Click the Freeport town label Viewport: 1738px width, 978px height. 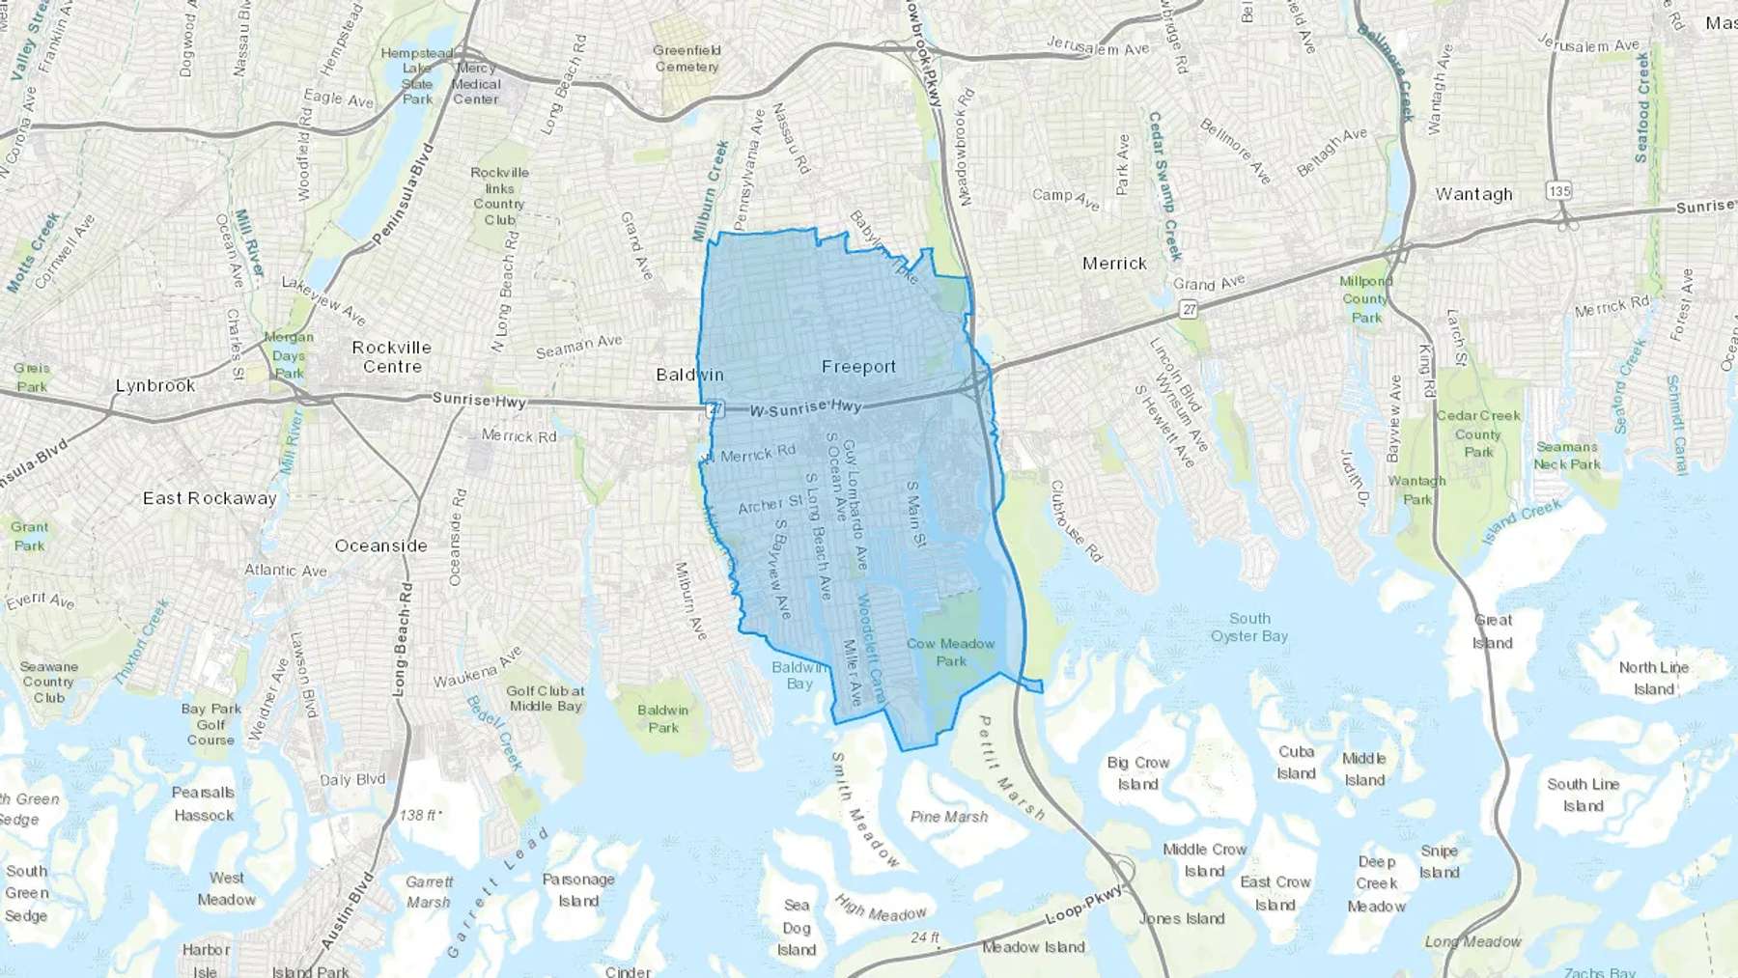858,367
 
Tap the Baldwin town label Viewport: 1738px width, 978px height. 689,375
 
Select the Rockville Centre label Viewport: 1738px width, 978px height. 391,357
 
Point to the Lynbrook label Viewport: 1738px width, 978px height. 155,385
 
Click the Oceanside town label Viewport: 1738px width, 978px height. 380,545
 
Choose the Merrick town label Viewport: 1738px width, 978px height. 1114,264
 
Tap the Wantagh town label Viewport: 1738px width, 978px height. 1473,194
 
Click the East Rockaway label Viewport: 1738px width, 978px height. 210,498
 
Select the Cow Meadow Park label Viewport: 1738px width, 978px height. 950,653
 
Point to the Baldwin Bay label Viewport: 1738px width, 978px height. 799,675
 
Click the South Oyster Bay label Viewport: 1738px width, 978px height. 1249,628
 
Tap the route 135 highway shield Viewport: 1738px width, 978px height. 1559,191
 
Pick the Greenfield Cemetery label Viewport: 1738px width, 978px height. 687,59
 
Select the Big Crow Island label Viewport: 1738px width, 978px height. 1137,773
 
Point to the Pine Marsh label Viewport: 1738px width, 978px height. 949,817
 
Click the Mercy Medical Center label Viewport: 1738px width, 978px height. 476,84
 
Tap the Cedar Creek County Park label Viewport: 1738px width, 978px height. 1477,433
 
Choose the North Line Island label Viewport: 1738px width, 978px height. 1653,678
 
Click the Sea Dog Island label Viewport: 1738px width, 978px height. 797,927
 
